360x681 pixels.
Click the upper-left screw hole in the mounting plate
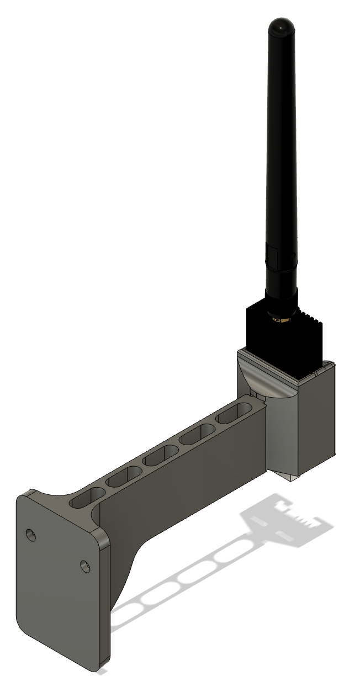[x=31, y=534]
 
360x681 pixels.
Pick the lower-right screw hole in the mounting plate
[x=84, y=566]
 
